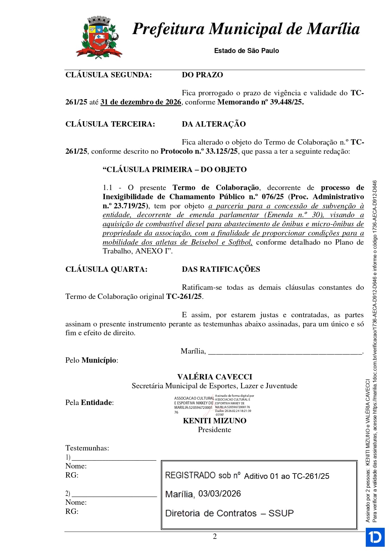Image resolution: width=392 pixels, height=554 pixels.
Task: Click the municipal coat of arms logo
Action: [x=99, y=37]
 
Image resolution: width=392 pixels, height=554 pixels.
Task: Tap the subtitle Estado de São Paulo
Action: [x=246, y=51]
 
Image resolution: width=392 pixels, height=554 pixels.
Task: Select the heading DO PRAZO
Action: [x=202, y=75]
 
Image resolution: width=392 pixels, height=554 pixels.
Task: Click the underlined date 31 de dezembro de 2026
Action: [x=141, y=102]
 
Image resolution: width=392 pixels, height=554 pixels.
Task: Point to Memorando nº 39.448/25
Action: [x=260, y=102]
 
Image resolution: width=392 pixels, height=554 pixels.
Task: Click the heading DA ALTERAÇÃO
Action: [x=214, y=124]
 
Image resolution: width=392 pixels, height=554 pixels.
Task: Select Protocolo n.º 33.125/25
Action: [x=199, y=152]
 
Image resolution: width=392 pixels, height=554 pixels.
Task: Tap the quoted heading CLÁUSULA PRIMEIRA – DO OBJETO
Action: [x=175, y=170]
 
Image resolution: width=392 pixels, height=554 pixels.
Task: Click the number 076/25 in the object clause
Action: [x=273, y=197]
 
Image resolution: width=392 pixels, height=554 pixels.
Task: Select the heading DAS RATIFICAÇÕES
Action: [x=221, y=269]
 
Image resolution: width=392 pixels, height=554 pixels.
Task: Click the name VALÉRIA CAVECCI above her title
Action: [x=214, y=377]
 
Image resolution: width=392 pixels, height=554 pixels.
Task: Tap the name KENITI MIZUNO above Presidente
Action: [x=214, y=421]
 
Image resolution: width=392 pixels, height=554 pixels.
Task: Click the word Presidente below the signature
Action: [x=214, y=430]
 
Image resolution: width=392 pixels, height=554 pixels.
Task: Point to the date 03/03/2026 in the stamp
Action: [x=220, y=494]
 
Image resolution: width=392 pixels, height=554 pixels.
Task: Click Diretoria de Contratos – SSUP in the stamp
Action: [x=229, y=513]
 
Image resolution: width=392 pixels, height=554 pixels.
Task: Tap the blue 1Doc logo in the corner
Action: [x=375, y=537]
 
